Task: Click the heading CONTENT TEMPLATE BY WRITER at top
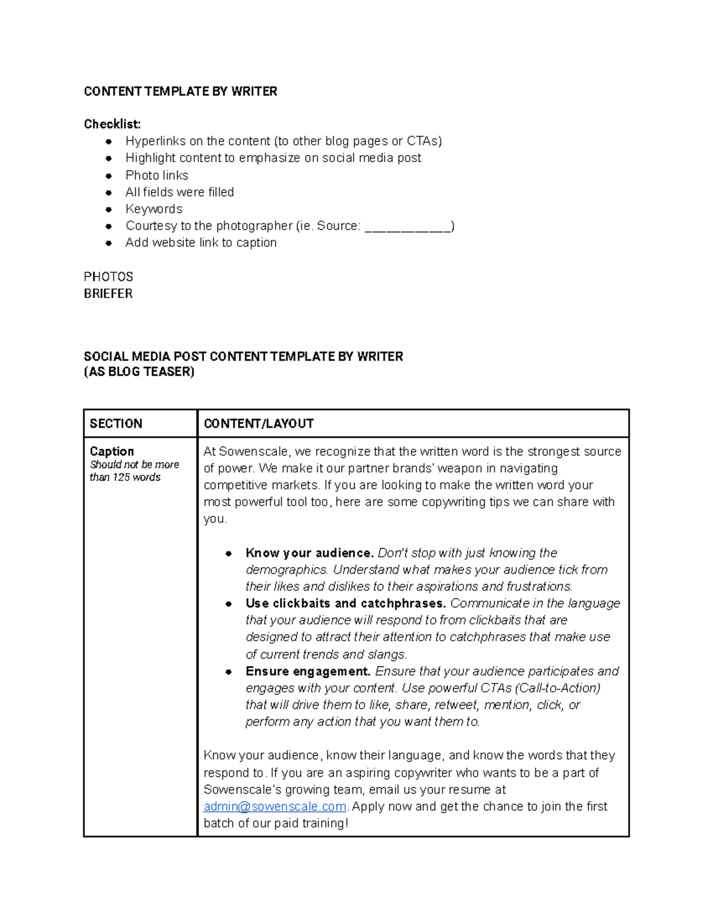coord(180,92)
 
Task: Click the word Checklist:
coord(112,124)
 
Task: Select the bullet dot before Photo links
coord(109,176)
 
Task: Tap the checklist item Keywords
coord(154,209)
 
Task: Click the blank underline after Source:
coord(408,227)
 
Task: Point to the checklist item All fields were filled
coord(179,193)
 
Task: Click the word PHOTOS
coord(108,277)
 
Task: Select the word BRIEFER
coord(108,294)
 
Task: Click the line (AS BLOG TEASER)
coord(139,372)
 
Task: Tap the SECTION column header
coord(116,424)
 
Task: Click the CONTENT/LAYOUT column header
coord(258,424)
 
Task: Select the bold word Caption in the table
coord(112,451)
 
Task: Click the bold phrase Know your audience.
coord(310,553)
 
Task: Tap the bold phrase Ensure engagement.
coord(308,672)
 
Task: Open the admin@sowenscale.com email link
coord(275,807)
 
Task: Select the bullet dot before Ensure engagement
coord(228,672)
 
